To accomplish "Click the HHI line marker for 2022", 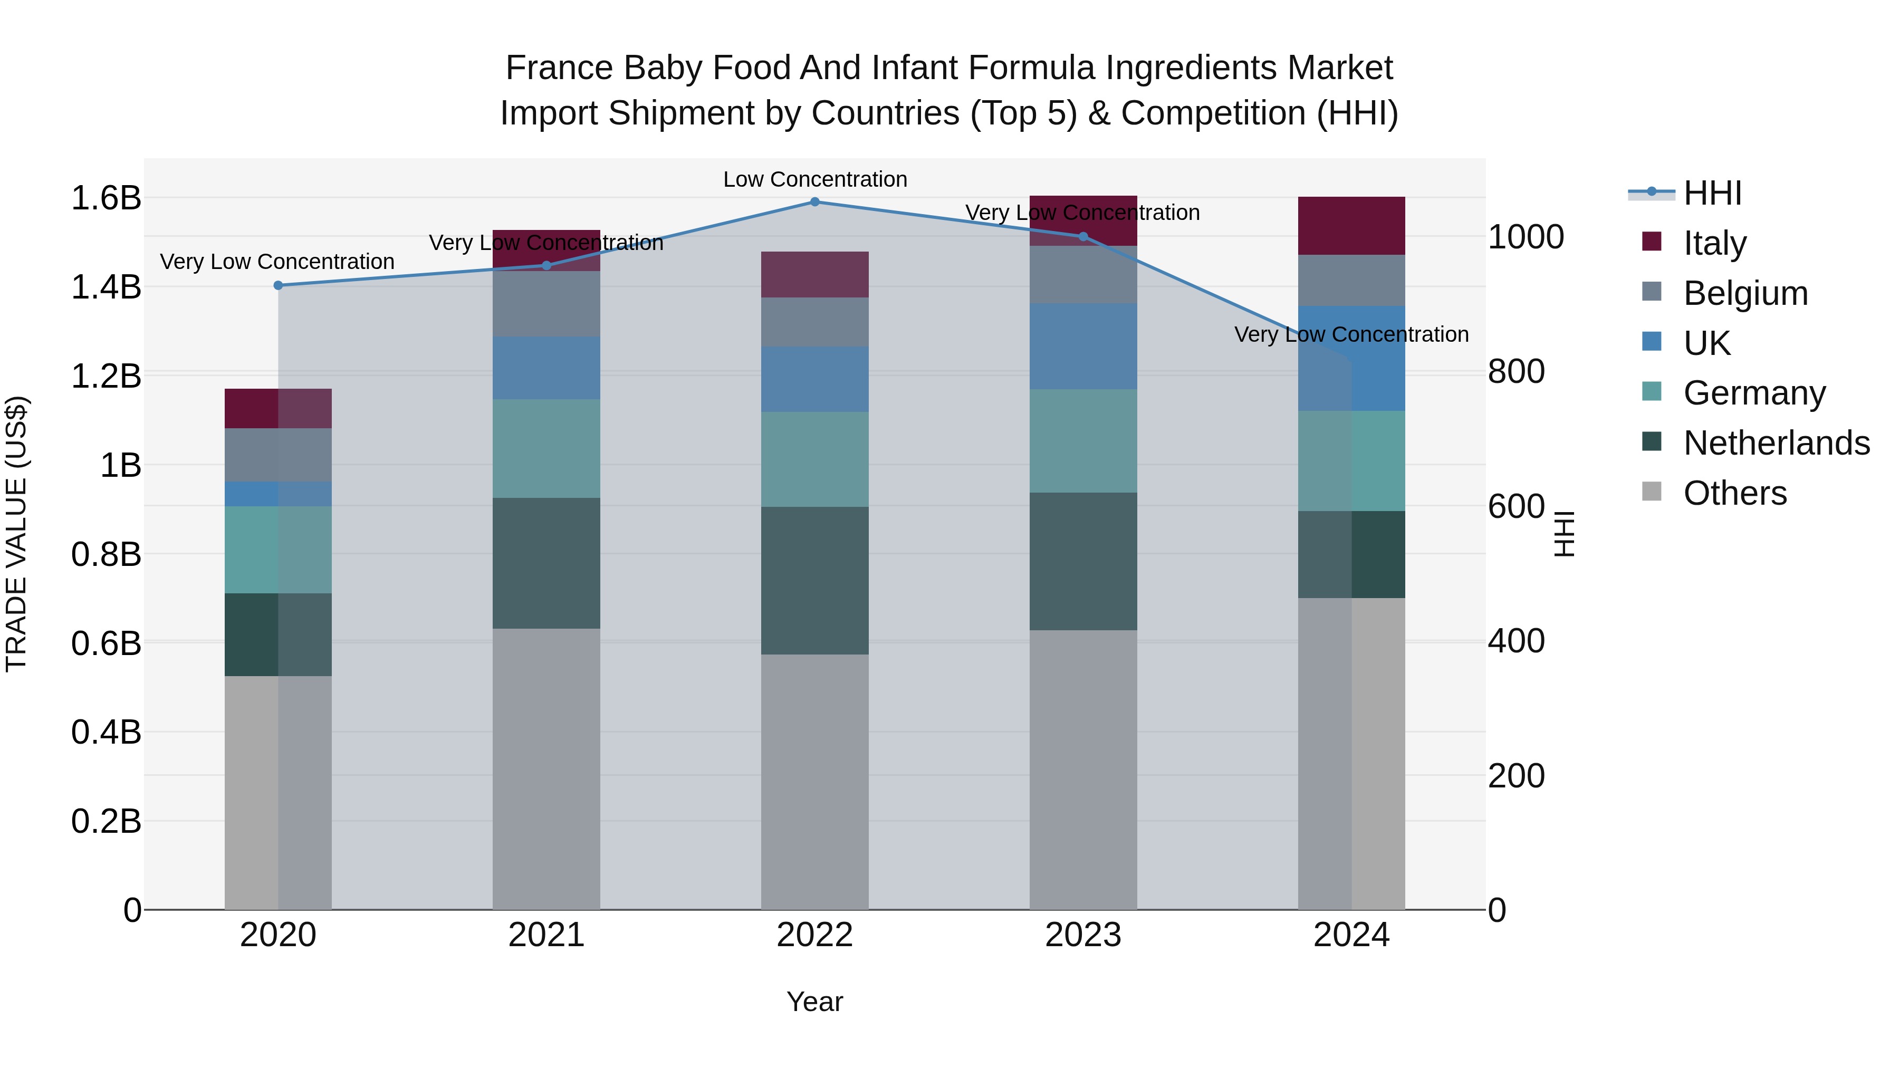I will coord(814,202).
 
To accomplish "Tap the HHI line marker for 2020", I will coord(278,285).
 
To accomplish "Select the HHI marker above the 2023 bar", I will coord(1083,237).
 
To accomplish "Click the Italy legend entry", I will coord(1715,243).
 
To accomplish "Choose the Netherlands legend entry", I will coord(1776,443).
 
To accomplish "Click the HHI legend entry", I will coord(1712,193).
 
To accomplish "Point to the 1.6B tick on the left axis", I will coord(106,198).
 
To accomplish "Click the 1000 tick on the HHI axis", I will coord(1525,237).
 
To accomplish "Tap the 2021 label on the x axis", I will coord(546,935).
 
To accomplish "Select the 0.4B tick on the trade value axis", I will coord(106,733).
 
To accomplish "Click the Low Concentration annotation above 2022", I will coord(814,179).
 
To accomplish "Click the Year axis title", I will coord(814,1002).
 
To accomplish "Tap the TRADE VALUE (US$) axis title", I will coord(16,534).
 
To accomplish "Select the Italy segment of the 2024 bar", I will coord(1351,226).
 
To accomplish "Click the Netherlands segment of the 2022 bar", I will coord(814,580).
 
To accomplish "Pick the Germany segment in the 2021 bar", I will coord(546,448).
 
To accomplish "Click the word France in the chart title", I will coord(559,68).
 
